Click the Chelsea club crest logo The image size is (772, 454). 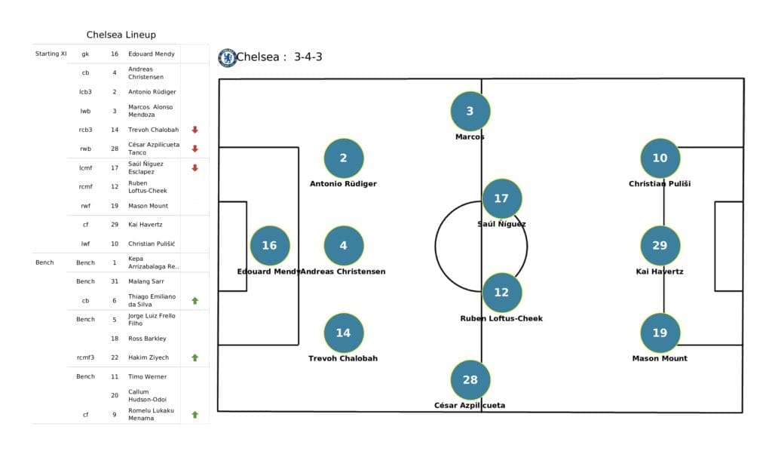pos(227,58)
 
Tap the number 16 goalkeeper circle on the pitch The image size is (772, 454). pos(269,246)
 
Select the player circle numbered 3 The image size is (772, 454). pos(470,112)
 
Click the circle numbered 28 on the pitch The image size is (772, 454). pos(470,379)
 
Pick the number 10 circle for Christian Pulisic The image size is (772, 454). pos(660,158)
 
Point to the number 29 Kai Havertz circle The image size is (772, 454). pos(660,246)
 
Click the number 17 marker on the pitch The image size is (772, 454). pos(501,198)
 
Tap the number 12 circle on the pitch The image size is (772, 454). pos(501,293)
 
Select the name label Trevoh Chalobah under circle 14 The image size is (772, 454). pos(343,358)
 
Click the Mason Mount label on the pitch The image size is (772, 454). pos(660,358)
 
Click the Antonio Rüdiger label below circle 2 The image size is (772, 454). pos(343,183)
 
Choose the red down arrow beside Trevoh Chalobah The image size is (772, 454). pos(195,130)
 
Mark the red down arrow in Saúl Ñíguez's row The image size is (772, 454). pos(195,167)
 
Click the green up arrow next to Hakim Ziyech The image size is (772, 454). pos(195,357)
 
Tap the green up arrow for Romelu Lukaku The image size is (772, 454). pos(195,414)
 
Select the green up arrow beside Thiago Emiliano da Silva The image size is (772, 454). pos(195,300)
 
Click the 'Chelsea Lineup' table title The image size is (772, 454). pos(121,35)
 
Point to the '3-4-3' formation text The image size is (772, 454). pos(308,57)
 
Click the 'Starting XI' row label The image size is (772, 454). pos(51,54)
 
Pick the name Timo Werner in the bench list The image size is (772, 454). pos(148,376)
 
